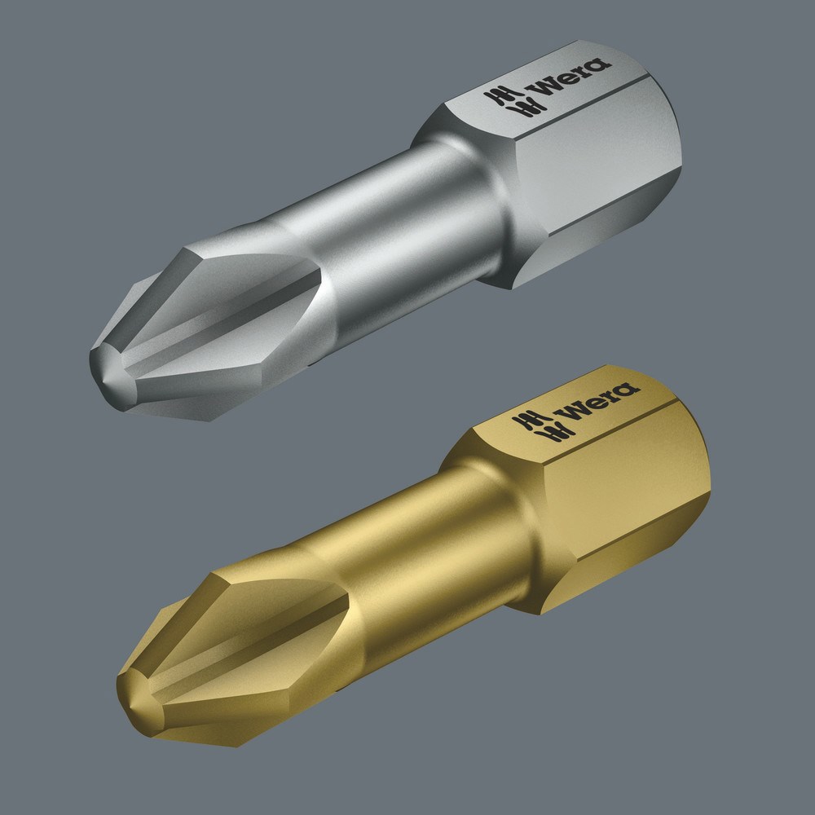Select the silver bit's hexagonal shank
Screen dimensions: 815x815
(570, 163)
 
